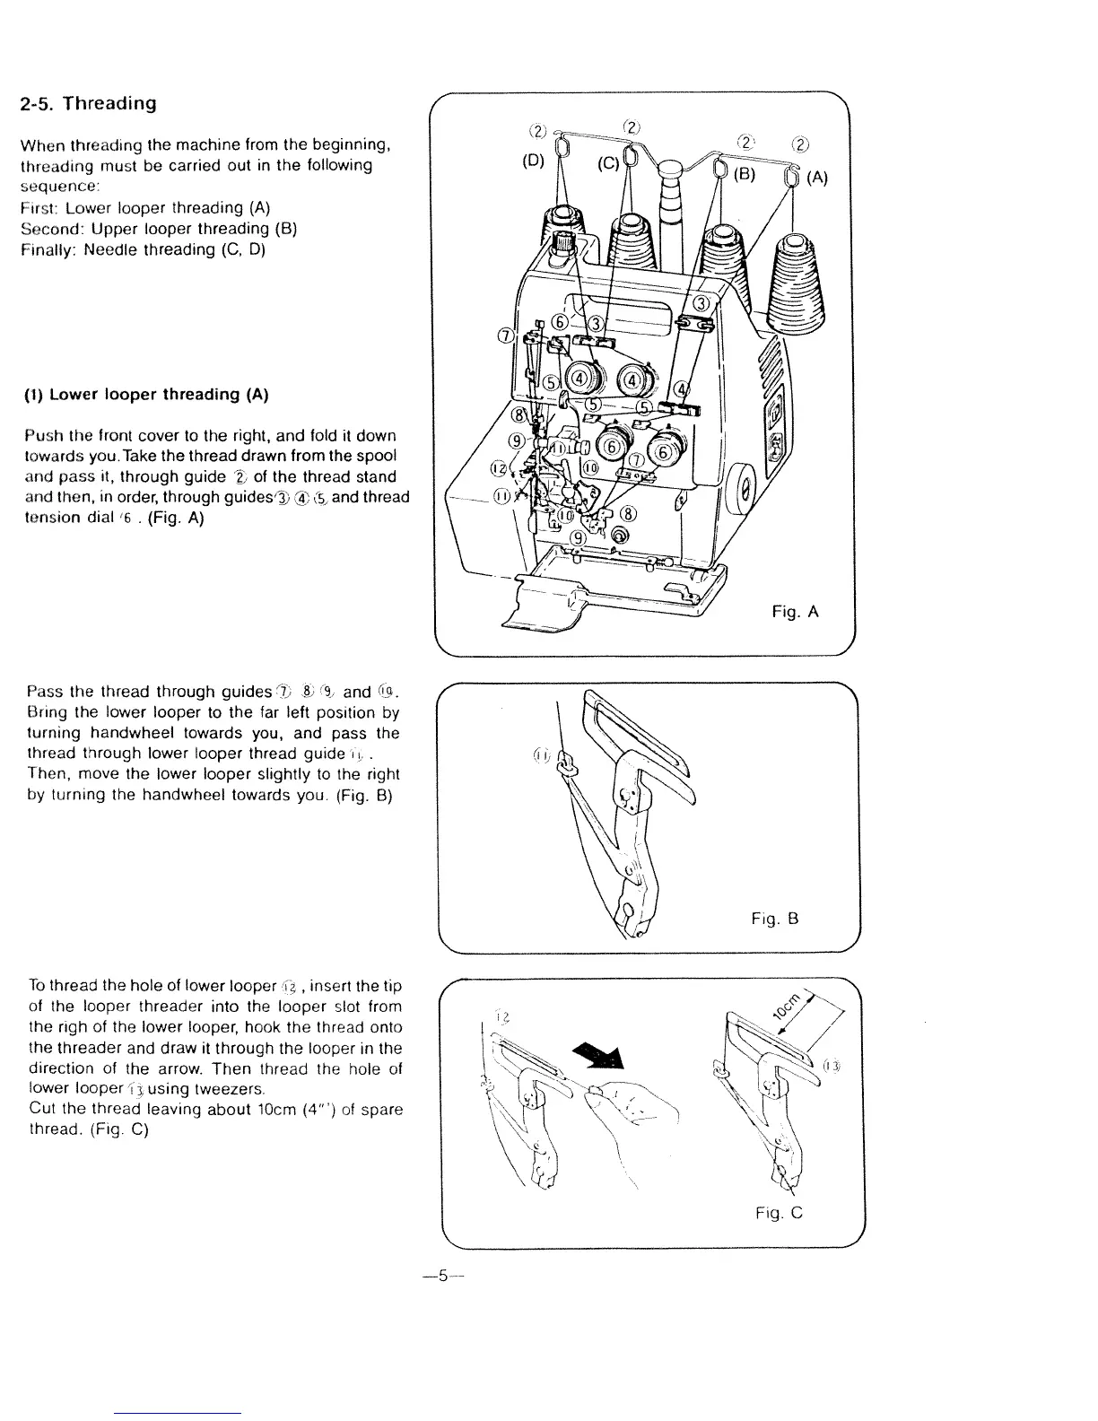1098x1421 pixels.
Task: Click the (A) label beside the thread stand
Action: (x=816, y=179)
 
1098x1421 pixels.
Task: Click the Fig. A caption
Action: (x=796, y=613)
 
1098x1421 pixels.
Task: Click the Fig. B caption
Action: (x=775, y=919)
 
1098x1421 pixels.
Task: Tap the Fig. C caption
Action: (x=779, y=1213)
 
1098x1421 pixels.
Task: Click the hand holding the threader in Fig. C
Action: (x=632, y=1117)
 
